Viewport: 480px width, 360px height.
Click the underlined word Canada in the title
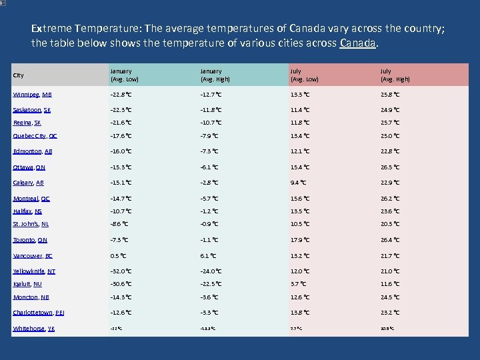(x=359, y=43)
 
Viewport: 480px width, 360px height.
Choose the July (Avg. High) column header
(x=395, y=75)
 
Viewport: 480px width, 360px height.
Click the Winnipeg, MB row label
(x=32, y=95)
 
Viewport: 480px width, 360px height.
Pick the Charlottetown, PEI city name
(x=39, y=313)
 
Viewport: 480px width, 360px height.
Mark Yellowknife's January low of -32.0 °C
(x=121, y=271)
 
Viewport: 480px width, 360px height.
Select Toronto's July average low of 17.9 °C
(x=299, y=240)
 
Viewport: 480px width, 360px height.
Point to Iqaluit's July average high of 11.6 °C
(x=390, y=284)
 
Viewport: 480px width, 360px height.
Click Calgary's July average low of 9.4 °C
(x=298, y=183)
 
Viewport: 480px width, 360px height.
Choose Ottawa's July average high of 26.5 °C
(x=390, y=167)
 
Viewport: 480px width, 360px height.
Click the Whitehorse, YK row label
(x=33, y=329)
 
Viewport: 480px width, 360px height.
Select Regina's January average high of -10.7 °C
(x=211, y=123)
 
